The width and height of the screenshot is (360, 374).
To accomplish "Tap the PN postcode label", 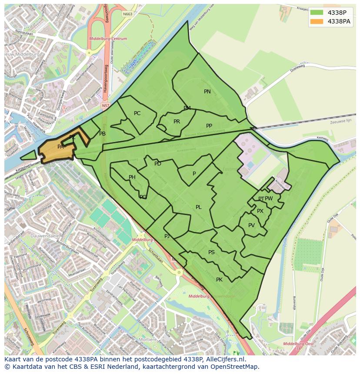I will click(207, 92).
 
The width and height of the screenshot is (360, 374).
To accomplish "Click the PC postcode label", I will click(137, 113).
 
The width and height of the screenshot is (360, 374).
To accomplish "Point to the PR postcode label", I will click(177, 122).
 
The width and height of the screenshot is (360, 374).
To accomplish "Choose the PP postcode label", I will click(209, 126).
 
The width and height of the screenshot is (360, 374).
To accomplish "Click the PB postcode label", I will click(102, 134).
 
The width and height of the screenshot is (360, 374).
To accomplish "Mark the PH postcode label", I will click(132, 177).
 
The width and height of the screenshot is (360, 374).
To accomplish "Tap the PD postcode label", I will click(158, 164).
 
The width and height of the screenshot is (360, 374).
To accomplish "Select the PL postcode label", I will click(199, 207).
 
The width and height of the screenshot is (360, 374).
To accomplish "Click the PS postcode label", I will click(211, 252).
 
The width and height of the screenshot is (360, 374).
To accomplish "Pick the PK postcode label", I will click(219, 280).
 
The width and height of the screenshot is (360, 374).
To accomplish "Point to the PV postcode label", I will click(251, 225).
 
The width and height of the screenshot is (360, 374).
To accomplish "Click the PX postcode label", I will click(260, 211).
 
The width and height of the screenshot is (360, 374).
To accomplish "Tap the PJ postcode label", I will click(167, 236).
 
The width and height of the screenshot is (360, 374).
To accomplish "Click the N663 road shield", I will click(127, 14).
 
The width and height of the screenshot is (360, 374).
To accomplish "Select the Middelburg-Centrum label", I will click(108, 39).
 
